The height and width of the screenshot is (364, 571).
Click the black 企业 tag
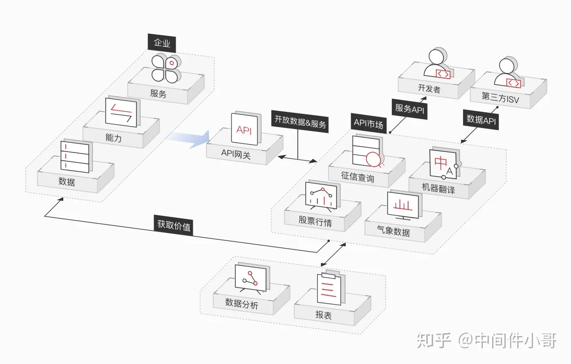click(x=162, y=43)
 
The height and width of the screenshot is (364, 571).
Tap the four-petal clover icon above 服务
click(x=166, y=68)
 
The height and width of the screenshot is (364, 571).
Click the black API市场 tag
click(x=368, y=124)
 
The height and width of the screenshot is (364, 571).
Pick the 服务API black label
click(x=410, y=109)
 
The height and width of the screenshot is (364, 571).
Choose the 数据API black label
click(x=481, y=119)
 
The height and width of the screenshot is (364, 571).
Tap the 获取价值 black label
click(x=174, y=226)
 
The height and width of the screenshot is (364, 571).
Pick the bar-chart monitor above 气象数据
click(x=404, y=205)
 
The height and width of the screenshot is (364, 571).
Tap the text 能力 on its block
click(x=113, y=137)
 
